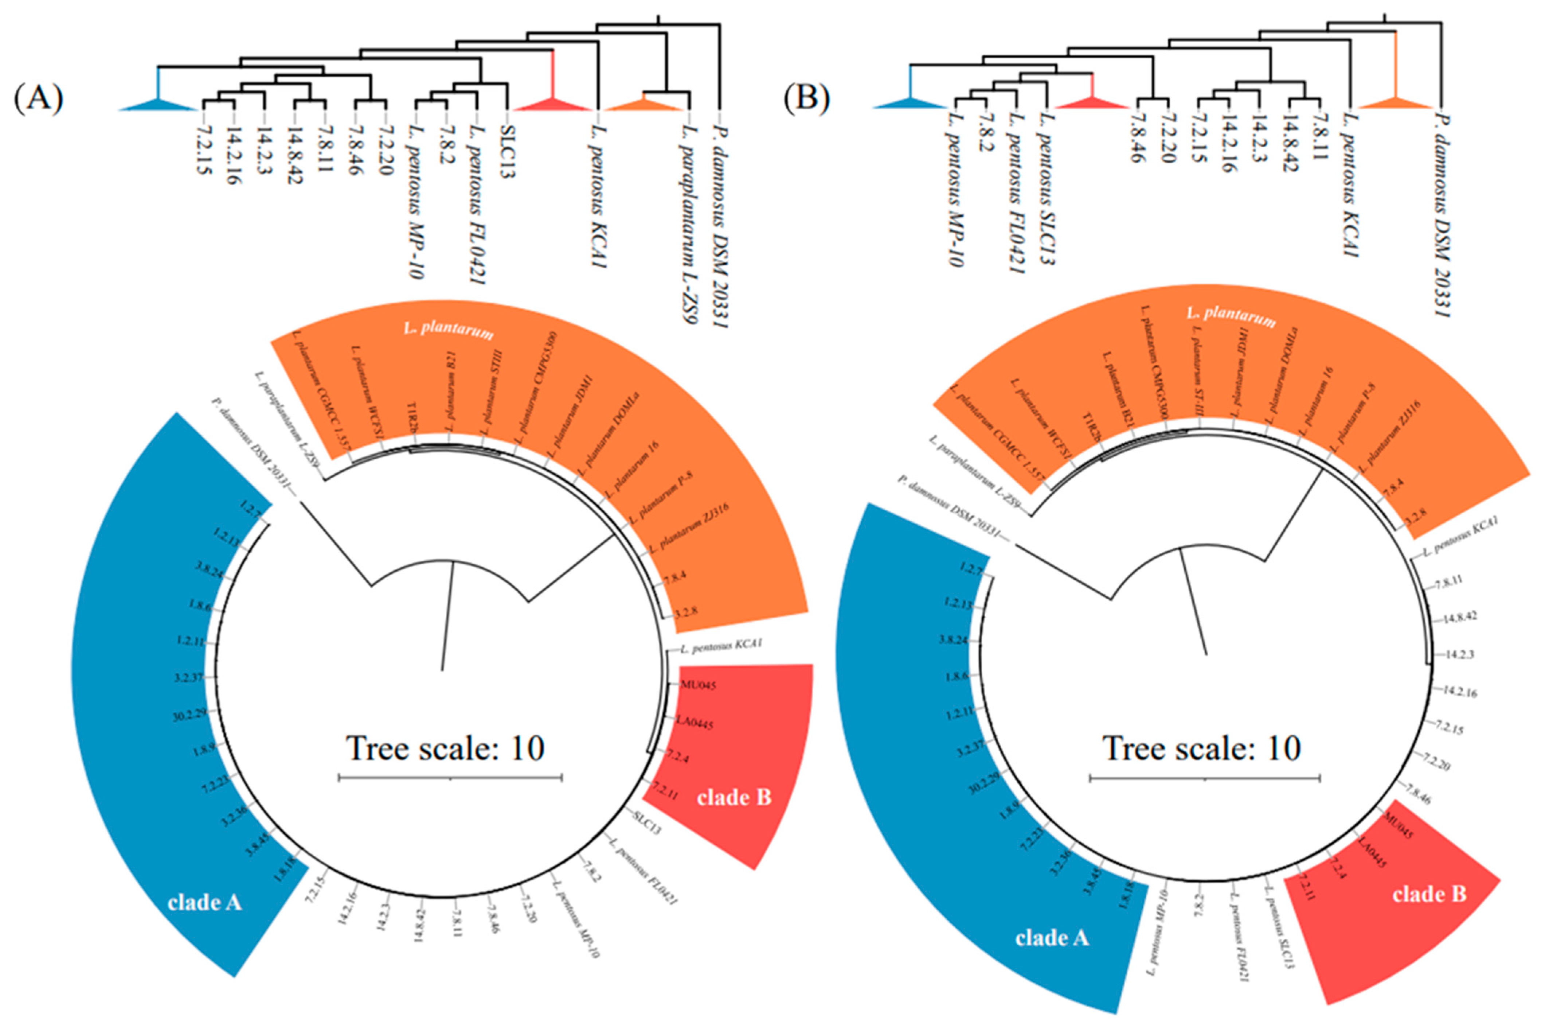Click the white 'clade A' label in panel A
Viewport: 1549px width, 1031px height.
204,902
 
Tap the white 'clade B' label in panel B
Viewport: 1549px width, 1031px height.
1429,894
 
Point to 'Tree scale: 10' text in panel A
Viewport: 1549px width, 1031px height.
446,748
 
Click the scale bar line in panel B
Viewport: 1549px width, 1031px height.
1205,778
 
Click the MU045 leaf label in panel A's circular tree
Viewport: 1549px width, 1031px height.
698,685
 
